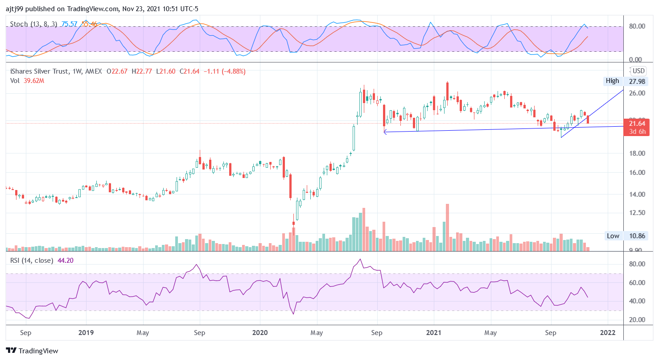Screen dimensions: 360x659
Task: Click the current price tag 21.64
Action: tap(637, 124)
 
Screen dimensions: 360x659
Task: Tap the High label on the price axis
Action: tap(612, 81)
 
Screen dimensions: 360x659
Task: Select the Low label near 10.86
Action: tap(613, 236)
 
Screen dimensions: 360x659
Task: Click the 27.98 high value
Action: tap(637, 81)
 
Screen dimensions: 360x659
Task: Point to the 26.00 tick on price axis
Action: tap(637, 93)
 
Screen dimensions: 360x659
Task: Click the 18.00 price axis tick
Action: tap(637, 153)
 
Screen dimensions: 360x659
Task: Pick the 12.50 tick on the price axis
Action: tap(637, 213)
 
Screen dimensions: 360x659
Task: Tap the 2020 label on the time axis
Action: tap(259, 333)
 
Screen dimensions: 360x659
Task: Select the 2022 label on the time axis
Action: tap(608, 333)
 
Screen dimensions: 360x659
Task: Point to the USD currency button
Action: tap(638, 71)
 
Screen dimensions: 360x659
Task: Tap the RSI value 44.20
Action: tap(66, 261)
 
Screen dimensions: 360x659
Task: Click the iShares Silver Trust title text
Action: tap(40, 71)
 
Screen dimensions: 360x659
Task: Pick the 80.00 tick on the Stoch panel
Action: tap(637, 26)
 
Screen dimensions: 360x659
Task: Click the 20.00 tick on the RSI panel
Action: tap(637, 320)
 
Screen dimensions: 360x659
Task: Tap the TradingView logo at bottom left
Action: tap(32, 351)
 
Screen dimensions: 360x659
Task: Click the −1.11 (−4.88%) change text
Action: tap(224, 71)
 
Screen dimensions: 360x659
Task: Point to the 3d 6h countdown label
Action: tap(637, 132)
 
